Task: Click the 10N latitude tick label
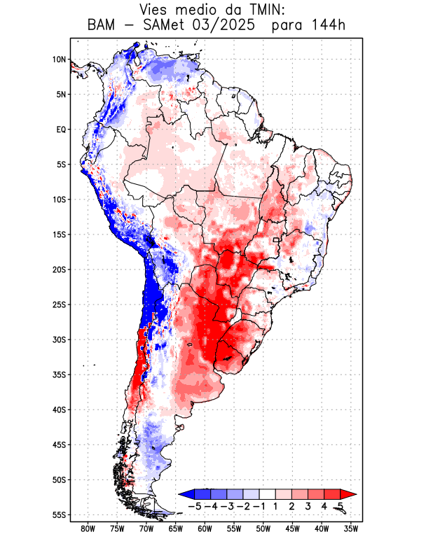coord(59,59)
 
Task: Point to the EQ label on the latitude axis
coord(61,129)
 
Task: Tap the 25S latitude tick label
coord(59,304)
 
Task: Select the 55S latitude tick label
coord(59,514)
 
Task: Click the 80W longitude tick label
coord(88,528)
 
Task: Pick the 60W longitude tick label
coord(205,528)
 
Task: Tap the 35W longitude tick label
coord(351,528)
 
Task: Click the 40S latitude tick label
coord(59,409)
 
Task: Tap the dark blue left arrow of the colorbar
coord(185,493)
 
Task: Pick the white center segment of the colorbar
coord(267,493)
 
